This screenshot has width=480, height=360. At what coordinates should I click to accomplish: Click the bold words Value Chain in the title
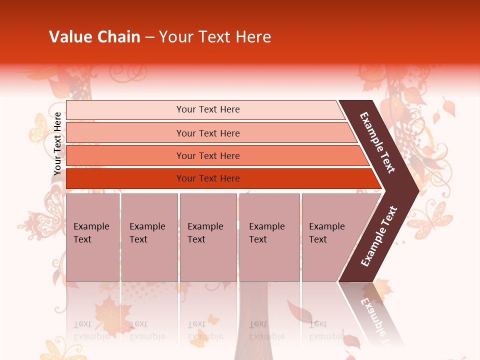[94, 37]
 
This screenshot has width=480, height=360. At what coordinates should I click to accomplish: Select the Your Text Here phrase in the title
[215, 37]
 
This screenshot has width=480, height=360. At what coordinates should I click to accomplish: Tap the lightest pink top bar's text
[208, 109]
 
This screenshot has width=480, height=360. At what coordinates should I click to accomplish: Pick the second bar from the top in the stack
[208, 133]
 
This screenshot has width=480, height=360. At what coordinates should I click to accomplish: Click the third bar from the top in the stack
[208, 155]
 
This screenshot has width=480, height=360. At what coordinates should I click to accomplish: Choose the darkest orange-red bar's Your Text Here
[208, 178]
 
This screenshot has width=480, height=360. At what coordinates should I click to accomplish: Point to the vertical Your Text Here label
[58, 143]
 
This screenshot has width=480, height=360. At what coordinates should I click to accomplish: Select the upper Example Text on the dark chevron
[377, 142]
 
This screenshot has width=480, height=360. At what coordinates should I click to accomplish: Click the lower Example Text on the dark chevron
[379, 236]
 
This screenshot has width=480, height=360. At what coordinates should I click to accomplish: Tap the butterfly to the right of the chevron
[430, 220]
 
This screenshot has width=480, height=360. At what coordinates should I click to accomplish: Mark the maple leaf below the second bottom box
[112, 312]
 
